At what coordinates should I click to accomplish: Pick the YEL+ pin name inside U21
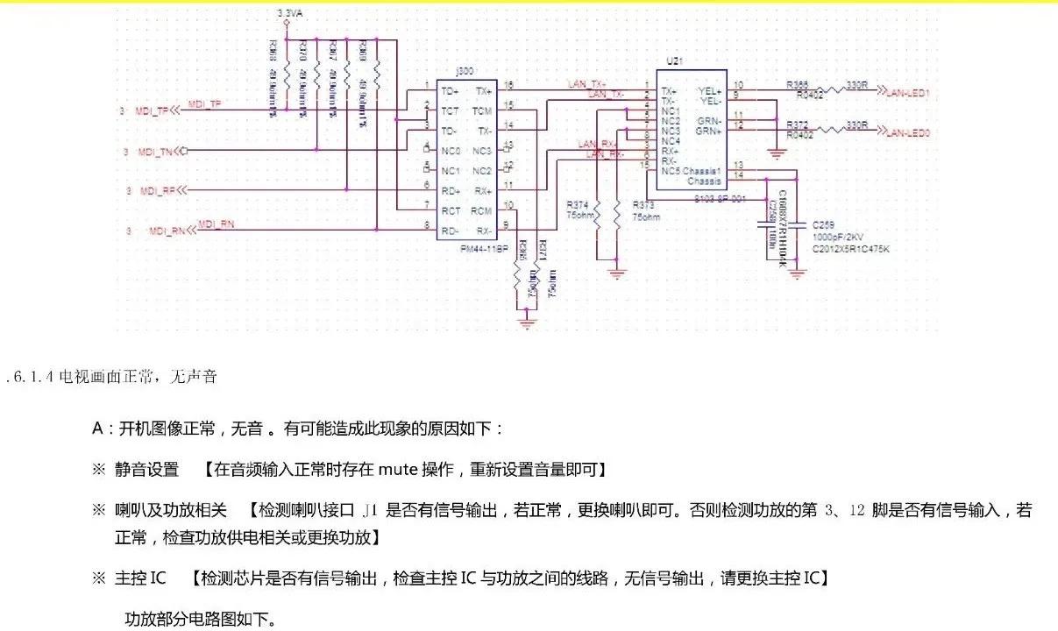click(x=709, y=89)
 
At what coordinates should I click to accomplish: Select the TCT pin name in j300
click(x=449, y=110)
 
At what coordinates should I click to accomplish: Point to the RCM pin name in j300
click(x=481, y=210)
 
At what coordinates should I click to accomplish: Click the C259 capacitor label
click(x=824, y=226)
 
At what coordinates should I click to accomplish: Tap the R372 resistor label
click(x=798, y=124)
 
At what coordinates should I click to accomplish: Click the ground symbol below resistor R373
click(x=617, y=274)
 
